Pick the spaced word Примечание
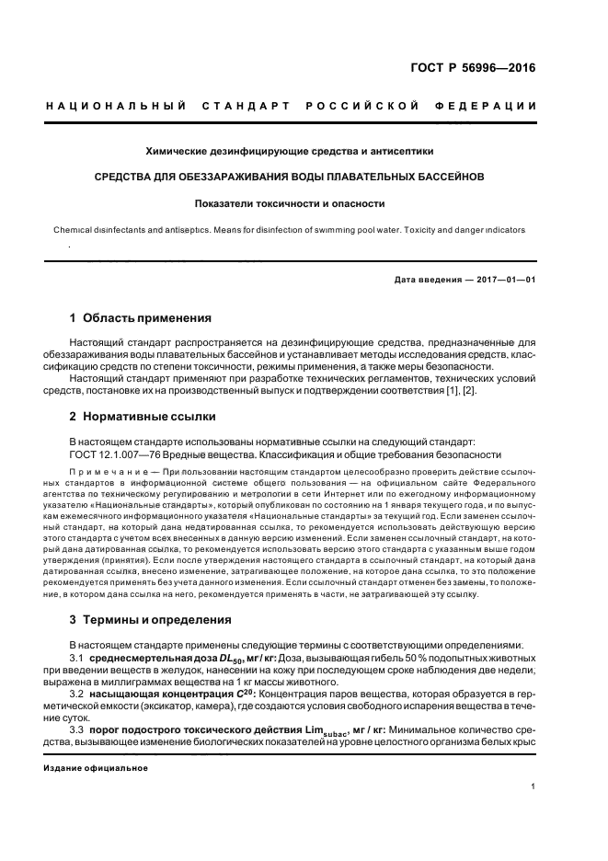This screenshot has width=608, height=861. pyautogui.click(x=107, y=472)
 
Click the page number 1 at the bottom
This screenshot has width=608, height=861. pyautogui.click(x=533, y=786)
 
